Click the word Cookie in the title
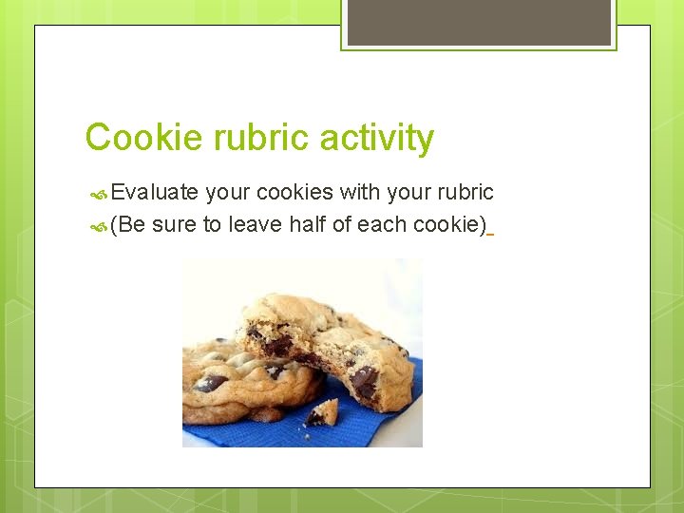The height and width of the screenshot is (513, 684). pyautogui.click(x=144, y=139)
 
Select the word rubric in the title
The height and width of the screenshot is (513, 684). pyautogui.click(x=261, y=139)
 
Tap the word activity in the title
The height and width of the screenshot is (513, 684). pyautogui.click(x=377, y=139)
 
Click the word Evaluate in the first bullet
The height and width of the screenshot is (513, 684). pyautogui.click(x=155, y=193)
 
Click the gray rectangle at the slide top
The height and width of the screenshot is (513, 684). pyautogui.click(x=479, y=22)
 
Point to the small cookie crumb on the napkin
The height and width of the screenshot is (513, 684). pyautogui.click(x=322, y=412)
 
